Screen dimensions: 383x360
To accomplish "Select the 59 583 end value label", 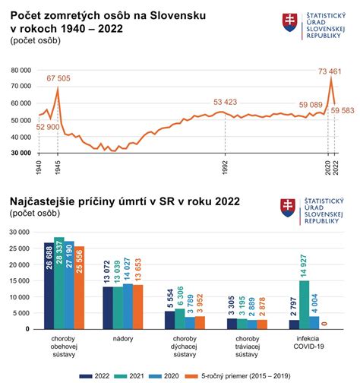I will pyautogui.click(x=342, y=111).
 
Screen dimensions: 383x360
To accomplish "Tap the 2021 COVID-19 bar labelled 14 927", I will pyautogui.click(x=305, y=304).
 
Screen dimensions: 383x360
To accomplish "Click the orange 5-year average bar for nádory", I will pyautogui.click(x=137, y=306).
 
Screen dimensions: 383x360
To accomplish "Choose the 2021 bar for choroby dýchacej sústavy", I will pyautogui.click(x=179, y=318).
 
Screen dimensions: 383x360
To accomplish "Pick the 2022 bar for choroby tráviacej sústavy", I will pyautogui.click(x=232, y=324).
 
